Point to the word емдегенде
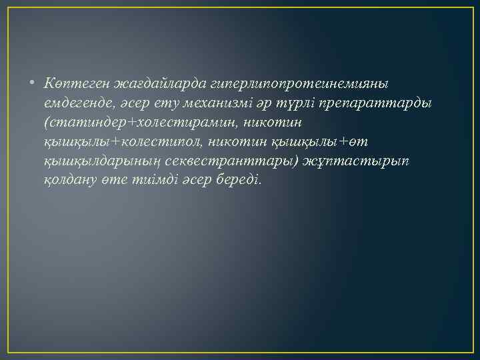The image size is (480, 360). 75,104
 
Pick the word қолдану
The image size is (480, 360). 69,181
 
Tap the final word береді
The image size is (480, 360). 242,181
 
